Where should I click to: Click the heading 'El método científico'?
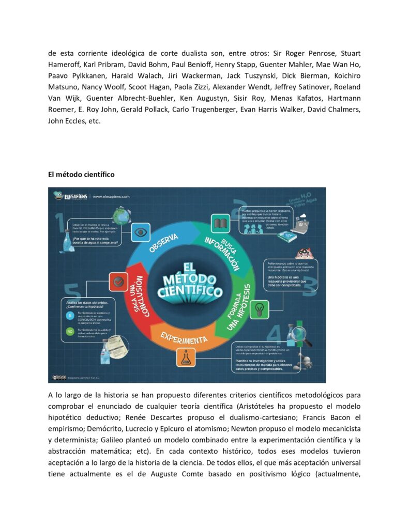pyautogui.click(x=81, y=175)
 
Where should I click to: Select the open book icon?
pyautogui.click(x=220, y=224)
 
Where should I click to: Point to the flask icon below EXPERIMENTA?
pyautogui.click(x=186, y=356)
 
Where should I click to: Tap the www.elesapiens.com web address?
pyautogui.click(x=111, y=196)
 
